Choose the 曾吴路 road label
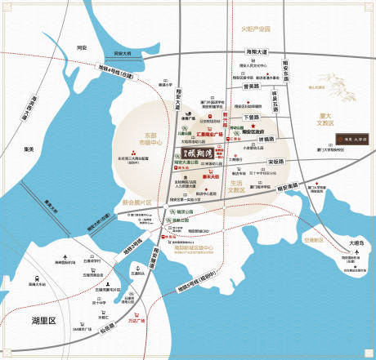(251, 86)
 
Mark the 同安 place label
(81, 47)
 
